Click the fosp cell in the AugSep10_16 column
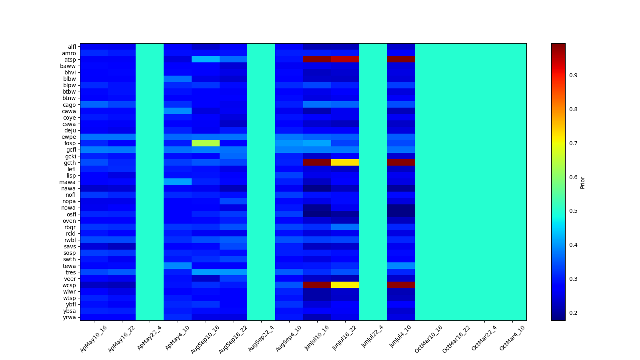click(206, 143)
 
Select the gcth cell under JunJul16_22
click(345, 162)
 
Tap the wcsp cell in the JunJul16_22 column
click(345, 285)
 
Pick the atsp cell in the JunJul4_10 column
click(401, 60)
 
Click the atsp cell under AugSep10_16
click(206, 60)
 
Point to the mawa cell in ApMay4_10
click(178, 182)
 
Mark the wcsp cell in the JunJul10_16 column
click(317, 285)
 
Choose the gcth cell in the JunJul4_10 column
click(401, 162)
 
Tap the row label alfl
click(72, 47)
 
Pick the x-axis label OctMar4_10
click(512, 338)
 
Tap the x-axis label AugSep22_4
click(261, 338)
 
